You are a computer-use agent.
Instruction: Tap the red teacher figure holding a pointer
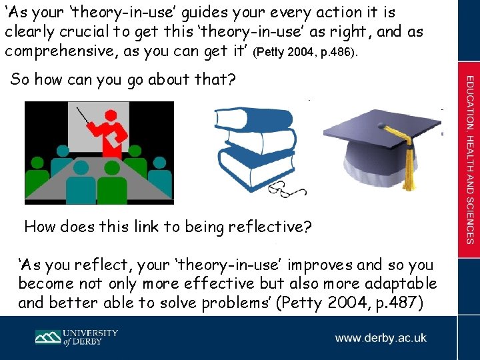pos(109,133)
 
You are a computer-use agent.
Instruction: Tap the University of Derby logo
pos(77,337)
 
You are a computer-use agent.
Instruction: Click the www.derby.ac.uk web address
pos(381,338)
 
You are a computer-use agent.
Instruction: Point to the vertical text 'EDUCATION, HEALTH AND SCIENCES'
pos(470,160)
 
